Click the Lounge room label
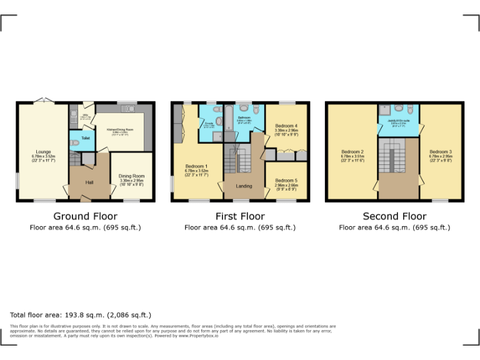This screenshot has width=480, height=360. [x=44, y=152]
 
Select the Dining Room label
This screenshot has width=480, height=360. [x=131, y=176]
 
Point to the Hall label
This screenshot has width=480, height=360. [x=89, y=182]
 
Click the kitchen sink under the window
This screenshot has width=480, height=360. [x=127, y=109]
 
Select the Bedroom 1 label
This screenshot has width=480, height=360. [x=196, y=166]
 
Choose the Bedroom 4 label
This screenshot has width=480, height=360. [x=286, y=126]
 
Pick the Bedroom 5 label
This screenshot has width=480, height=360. [x=286, y=181]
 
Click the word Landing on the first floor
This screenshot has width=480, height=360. [x=244, y=186]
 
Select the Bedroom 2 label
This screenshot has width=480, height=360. [x=352, y=152]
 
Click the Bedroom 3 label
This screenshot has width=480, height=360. [x=440, y=152]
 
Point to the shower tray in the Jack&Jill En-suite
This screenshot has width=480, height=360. [x=384, y=109]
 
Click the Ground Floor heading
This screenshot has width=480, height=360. [x=85, y=216]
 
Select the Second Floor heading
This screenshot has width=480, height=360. [x=394, y=216]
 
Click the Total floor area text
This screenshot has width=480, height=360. [x=81, y=315]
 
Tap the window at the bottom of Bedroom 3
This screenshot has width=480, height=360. [x=440, y=201]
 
